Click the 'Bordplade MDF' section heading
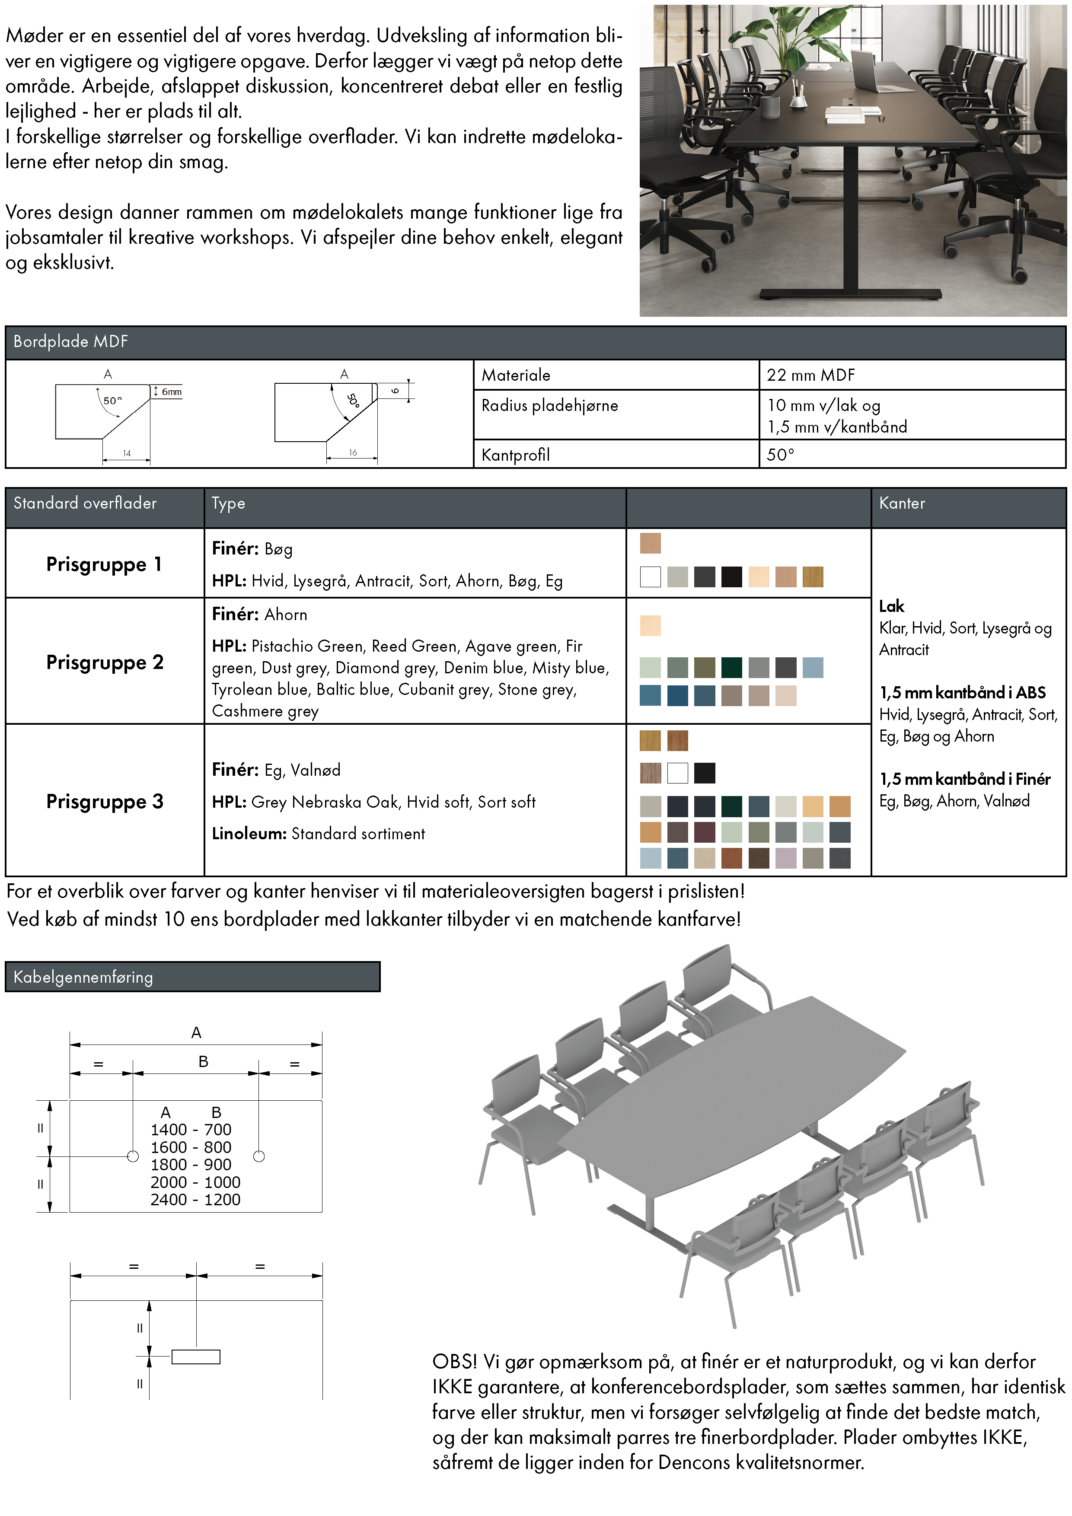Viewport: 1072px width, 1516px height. click(70, 341)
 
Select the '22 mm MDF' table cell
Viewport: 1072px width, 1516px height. click(810, 375)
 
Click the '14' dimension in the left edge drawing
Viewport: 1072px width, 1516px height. click(127, 453)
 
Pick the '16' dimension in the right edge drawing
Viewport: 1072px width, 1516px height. click(353, 452)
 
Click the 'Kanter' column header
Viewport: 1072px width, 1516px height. click(902, 503)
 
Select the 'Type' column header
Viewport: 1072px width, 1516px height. click(228, 503)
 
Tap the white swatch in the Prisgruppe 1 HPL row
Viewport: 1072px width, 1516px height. click(650, 576)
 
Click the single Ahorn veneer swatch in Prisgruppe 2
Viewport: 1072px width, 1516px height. click(650, 625)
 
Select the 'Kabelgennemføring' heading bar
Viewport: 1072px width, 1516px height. click(192, 977)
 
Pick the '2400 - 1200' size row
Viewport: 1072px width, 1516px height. click(195, 1199)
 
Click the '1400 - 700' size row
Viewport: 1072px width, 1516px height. click(191, 1129)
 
